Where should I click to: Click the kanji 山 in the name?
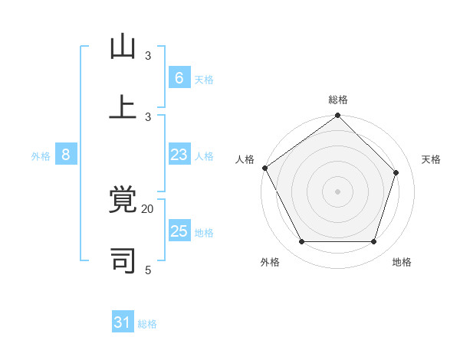pyautogui.click(x=123, y=47)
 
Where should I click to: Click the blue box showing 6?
pyautogui.click(x=179, y=77)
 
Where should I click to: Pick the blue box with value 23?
pyautogui.click(x=179, y=155)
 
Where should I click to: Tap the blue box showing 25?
pyautogui.click(x=179, y=231)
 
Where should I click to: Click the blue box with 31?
pyautogui.click(x=123, y=322)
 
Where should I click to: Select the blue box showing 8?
pyautogui.click(x=66, y=155)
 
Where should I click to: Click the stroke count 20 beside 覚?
pyautogui.click(x=148, y=208)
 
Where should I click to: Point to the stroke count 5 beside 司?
pyautogui.click(x=148, y=270)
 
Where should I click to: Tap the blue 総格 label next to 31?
pyautogui.click(x=147, y=324)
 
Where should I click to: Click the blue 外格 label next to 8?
pyautogui.click(x=41, y=156)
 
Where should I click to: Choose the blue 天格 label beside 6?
pyautogui.click(x=204, y=79)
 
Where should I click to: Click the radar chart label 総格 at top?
pyautogui.click(x=338, y=100)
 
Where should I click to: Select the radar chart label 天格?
pyautogui.click(x=431, y=159)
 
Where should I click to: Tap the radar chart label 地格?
pyautogui.click(x=402, y=262)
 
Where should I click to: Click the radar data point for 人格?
pyautogui.click(x=264, y=168)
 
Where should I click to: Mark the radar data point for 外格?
pyautogui.click(x=302, y=242)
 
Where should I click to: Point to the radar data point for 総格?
pyautogui.click(x=337, y=116)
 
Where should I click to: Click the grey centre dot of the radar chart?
pyautogui.click(x=337, y=191)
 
